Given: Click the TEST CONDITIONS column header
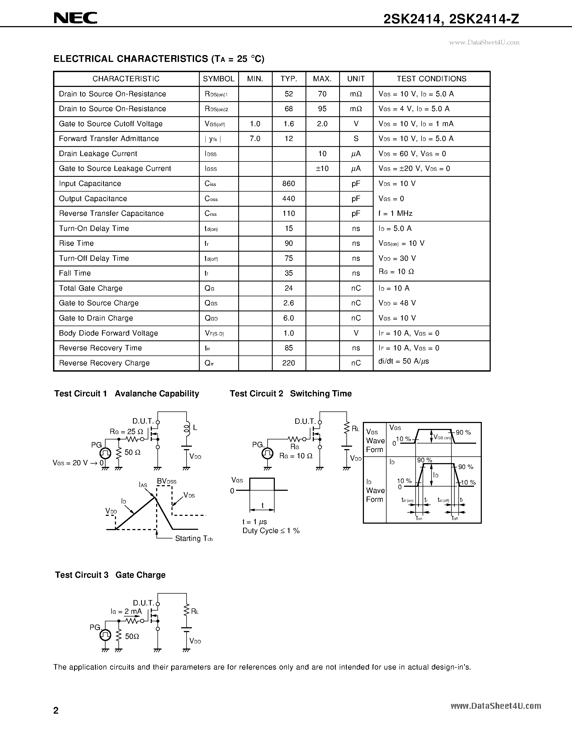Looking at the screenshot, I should tap(431, 79).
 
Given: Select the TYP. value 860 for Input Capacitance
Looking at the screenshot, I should tap(289, 184).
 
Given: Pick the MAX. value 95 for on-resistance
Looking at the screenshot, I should tap(322, 109).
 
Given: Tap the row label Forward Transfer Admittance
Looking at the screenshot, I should tap(109, 139).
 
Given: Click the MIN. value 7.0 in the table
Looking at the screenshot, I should tap(255, 139).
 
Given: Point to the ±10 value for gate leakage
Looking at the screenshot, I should tap(322, 168).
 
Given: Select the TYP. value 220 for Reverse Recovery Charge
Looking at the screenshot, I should tap(289, 363).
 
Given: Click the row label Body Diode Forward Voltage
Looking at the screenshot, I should tap(108, 333).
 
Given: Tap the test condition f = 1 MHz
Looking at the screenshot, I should tap(395, 213).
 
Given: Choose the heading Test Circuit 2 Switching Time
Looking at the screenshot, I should tap(290, 393).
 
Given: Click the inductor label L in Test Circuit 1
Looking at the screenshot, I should tap(195, 428).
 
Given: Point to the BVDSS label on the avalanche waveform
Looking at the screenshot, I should tap(166, 481).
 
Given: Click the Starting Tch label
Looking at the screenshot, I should tap(194, 538).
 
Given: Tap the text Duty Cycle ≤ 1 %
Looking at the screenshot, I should tap(271, 531).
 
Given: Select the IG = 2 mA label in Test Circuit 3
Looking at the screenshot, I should tap(126, 612).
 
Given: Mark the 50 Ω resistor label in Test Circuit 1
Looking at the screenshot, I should tap(132, 452).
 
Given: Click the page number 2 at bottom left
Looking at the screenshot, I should tap(56, 710).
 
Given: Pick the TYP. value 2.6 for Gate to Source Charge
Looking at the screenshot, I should tap(289, 303).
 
